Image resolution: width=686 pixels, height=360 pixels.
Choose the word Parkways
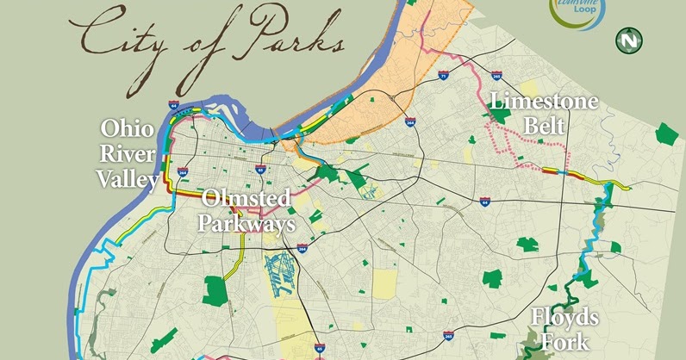[x=246, y=223]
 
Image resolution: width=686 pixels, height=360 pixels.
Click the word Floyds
[x=564, y=319]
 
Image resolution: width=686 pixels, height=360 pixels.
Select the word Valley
[x=128, y=179]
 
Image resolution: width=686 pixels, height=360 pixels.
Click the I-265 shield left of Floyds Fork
[x=446, y=333]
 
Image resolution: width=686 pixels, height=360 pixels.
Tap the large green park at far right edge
[x=666, y=133]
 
